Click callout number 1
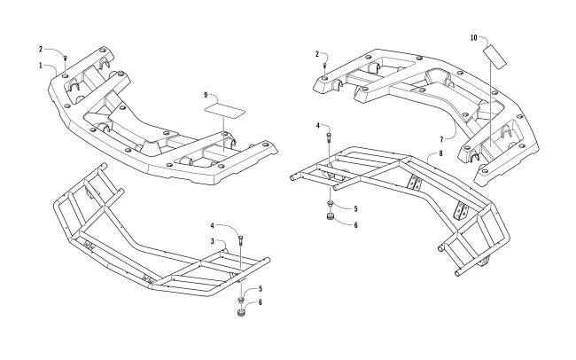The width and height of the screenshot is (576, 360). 40,66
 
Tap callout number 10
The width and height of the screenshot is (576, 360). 473,37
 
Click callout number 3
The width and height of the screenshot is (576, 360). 212,240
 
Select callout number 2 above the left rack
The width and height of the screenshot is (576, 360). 40,49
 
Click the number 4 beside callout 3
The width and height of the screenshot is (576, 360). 212,228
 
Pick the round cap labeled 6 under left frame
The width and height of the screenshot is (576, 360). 240,311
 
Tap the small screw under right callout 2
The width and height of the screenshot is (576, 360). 325,65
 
